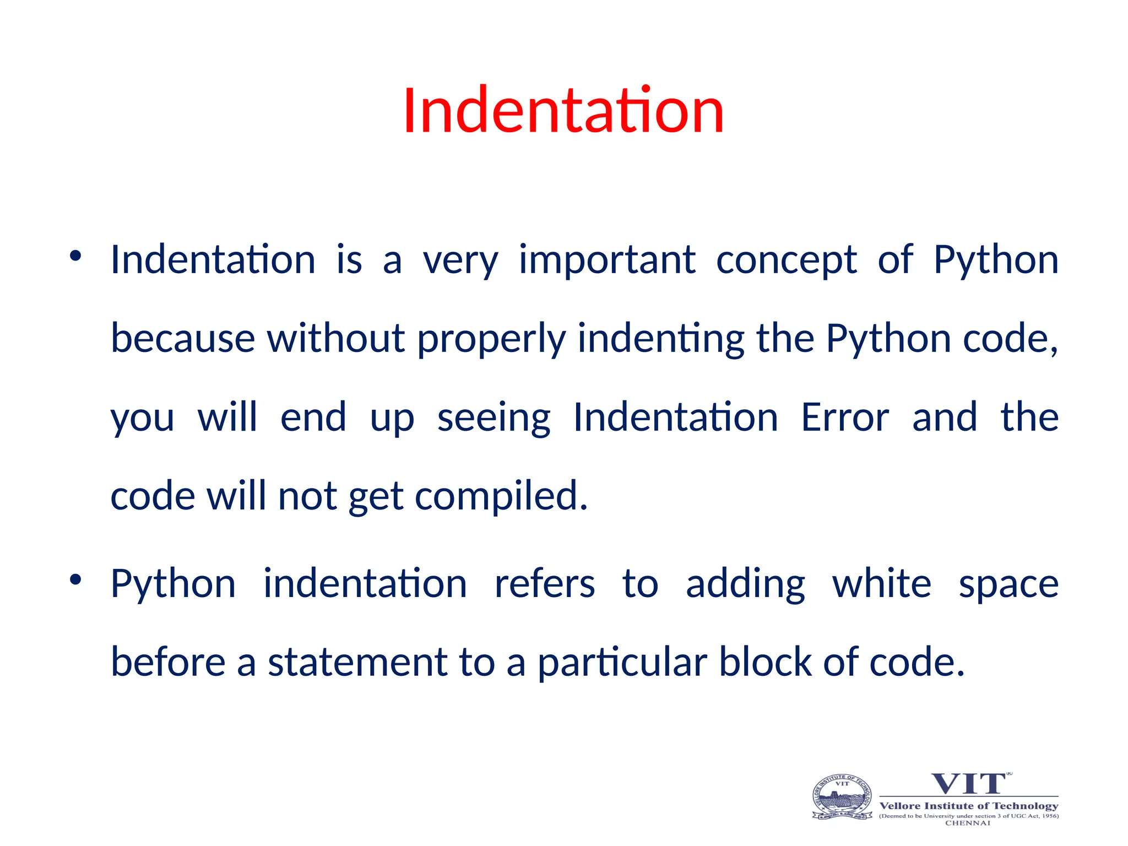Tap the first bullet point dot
coord(75,256)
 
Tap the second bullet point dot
coord(75,579)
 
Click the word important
coord(607,260)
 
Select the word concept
coord(786,260)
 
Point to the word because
coord(182,338)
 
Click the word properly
coord(491,339)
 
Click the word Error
coord(844,417)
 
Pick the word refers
coord(544,583)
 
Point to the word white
coord(881,583)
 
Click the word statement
coord(357,662)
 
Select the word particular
coord(622,663)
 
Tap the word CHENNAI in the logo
coord(968,823)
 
